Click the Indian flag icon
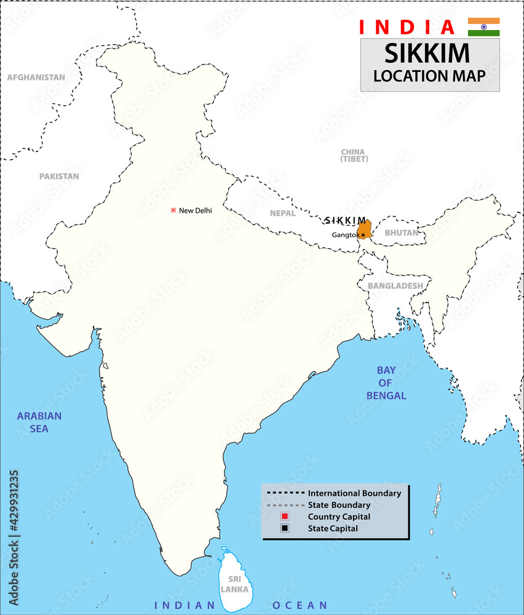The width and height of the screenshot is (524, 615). (x=483, y=27)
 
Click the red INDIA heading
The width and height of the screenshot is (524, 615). (x=407, y=27)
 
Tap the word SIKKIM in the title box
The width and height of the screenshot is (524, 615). (x=427, y=54)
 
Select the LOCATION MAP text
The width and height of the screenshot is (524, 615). (x=429, y=76)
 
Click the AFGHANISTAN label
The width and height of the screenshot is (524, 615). (x=36, y=77)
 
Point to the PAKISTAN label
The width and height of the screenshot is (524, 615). (x=59, y=177)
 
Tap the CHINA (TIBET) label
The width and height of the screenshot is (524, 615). (x=354, y=156)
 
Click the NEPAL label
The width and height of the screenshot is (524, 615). (x=282, y=213)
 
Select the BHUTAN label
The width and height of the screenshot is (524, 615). (x=401, y=233)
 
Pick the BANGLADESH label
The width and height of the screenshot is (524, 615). (x=395, y=286)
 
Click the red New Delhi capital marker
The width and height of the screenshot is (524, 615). (x=173, y=210)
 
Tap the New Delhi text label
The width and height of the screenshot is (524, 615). (x=195, y=210)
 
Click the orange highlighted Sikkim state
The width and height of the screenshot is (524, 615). (x=363, y=228)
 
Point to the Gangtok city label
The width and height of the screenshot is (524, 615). (x=345, y=235)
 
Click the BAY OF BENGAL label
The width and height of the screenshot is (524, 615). (x=386, y=383)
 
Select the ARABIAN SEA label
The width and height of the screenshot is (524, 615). (x=39, y=422)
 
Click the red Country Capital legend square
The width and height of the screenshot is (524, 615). (x=285, y=517)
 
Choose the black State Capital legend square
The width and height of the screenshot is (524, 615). (x=285, y=528)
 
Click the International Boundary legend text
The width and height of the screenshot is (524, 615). (x=354, y=493)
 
